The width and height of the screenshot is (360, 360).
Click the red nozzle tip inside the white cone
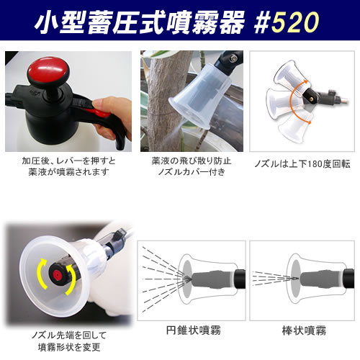click(x=55, y=274)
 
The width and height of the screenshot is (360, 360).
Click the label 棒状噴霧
click(x=300, y=330)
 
